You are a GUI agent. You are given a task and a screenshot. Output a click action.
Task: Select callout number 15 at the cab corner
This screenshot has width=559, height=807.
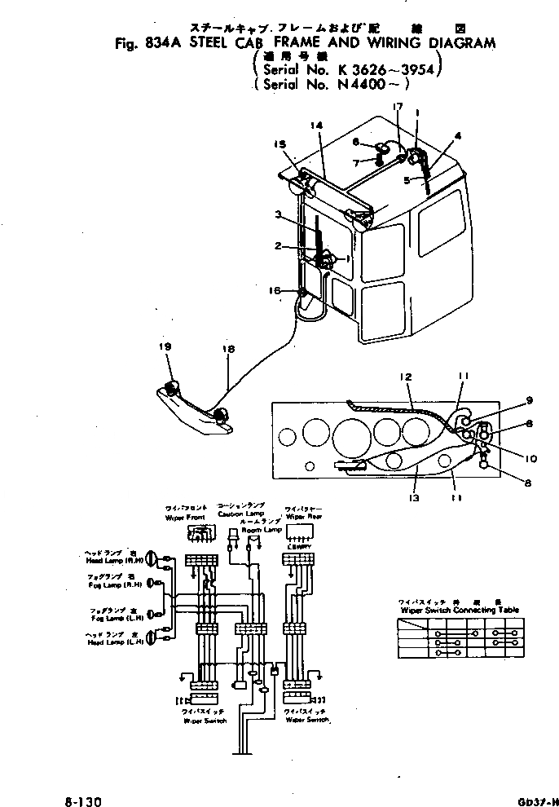tap(280, 145)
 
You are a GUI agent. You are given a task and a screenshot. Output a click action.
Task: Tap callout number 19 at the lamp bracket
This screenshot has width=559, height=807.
tap(165, 346)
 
